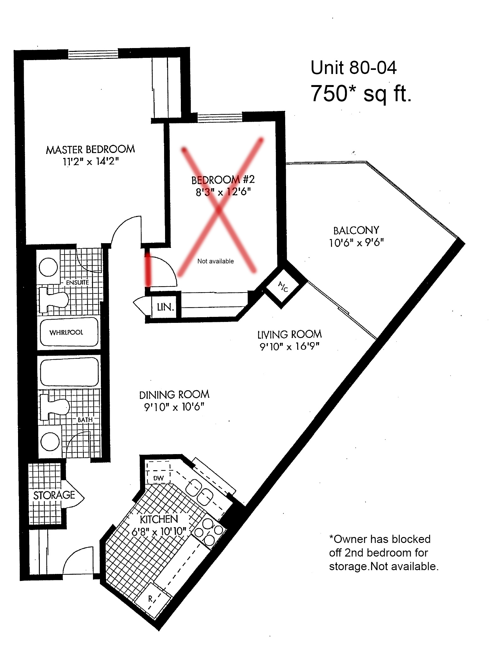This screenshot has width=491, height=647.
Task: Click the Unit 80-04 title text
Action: coord(353,68)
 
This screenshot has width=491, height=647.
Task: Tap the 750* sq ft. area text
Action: coord(361,94)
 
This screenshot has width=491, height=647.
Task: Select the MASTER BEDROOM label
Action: coord(90,149)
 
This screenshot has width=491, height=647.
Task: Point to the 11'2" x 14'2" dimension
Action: coord(90,162)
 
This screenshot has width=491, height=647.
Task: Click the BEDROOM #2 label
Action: coord(223,180)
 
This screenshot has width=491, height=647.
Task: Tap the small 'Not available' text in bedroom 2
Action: coord(216,261)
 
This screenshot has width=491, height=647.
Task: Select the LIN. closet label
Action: coord(165,307)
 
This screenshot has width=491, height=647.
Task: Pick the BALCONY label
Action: coord(356,230)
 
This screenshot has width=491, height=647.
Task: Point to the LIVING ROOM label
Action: coord(290,334)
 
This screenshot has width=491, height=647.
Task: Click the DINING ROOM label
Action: coord(174,395)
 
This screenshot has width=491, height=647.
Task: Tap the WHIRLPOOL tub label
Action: coord(66,332)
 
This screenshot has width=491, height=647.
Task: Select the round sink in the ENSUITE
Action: coord(48,267)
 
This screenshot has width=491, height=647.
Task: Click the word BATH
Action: coord(85,420)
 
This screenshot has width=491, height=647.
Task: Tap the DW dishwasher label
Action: coord(158,478)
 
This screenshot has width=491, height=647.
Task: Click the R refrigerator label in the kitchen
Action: coord(150,599)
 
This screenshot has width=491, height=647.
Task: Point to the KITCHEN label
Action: coord(159,519)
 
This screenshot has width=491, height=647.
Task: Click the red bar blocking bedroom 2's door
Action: coord(148,268)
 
